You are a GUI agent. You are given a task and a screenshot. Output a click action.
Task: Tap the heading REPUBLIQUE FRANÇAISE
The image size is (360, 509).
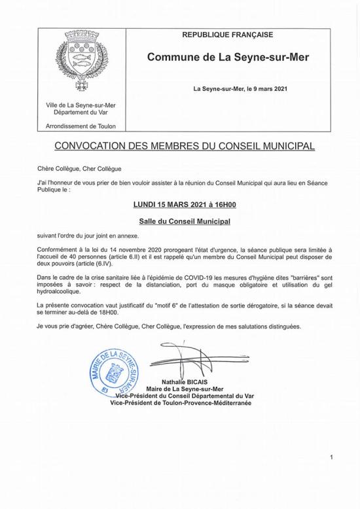point(227,35)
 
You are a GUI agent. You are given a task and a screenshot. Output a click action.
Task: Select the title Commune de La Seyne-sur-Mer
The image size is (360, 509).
point(228,58)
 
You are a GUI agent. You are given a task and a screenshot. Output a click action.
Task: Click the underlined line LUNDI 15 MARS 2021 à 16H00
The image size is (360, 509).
point(179,205)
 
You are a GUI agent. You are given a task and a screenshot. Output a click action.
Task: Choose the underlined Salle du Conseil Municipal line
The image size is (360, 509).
point(179,222)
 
